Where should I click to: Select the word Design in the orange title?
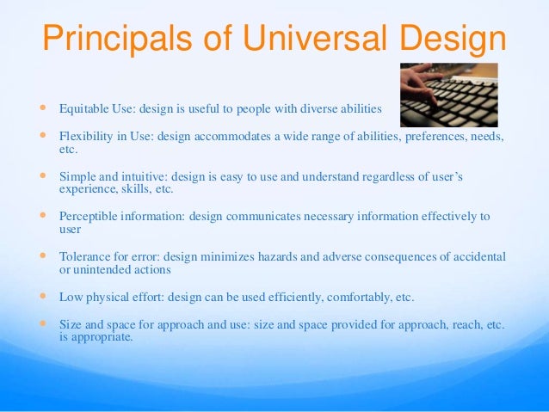[446, 40]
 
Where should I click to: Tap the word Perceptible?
[89, 216]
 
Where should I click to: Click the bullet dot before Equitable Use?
[40, 109]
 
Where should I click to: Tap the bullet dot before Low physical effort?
[40, 296]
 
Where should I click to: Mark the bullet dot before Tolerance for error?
[40, 255]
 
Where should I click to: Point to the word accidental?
[475, 256]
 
